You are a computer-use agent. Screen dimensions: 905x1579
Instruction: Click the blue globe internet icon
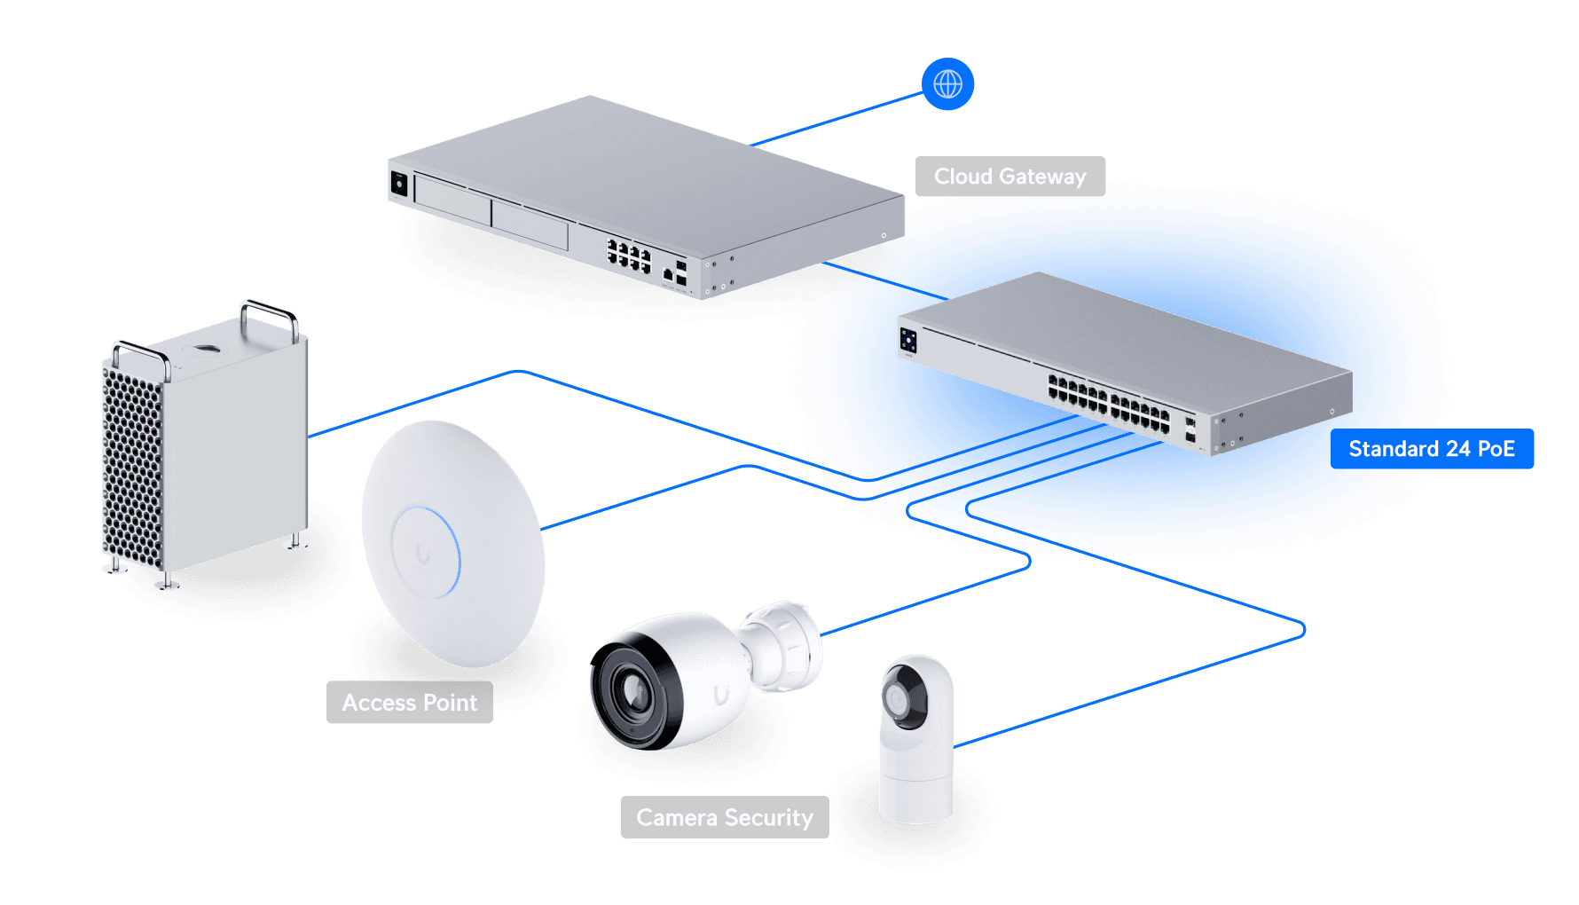pos(947,84)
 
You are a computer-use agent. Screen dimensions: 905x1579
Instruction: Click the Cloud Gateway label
pos(1009,177)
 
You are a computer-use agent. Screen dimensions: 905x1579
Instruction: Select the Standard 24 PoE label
pos(1431,449)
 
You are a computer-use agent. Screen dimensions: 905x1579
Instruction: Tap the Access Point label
pos(409,703)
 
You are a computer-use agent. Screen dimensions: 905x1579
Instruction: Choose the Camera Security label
pos(724,817)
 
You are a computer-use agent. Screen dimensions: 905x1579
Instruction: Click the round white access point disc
pos(452,543)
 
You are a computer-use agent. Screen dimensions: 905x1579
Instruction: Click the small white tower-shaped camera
pos(915,741)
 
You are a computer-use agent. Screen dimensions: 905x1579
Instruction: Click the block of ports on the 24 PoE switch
pos(1109,404)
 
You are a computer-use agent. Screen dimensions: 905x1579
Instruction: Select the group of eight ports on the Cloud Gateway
pos(629,255)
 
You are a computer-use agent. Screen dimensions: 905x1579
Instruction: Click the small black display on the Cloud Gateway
pos(399,184)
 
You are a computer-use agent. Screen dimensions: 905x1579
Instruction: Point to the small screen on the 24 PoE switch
pos(908,340)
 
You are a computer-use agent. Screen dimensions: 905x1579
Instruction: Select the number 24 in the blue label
pos(1458,449)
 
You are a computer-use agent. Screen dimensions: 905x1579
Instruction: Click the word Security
pos(768,817)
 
